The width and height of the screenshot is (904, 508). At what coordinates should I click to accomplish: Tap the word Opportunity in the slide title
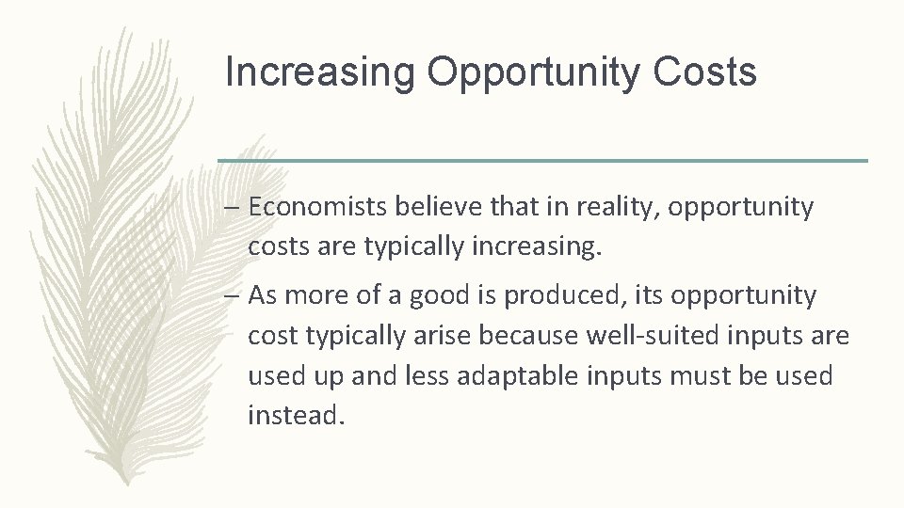(532, 73)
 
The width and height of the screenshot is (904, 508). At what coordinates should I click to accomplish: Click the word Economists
(319, 207)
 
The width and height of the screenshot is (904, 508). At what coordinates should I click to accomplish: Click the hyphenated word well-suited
(666, 336)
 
